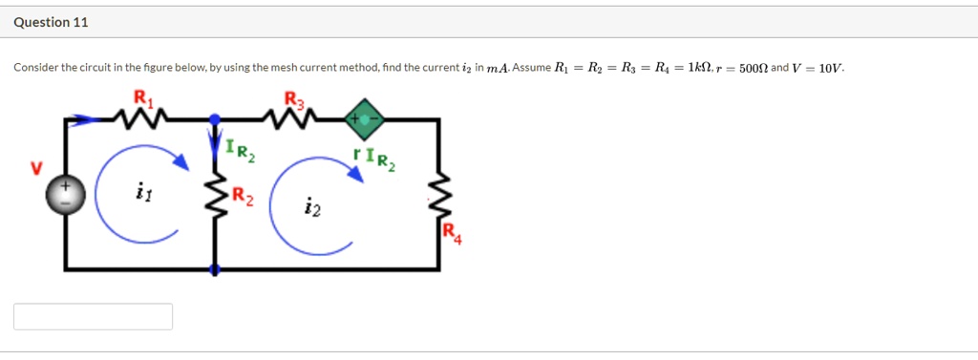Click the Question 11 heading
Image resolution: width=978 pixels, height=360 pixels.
52,22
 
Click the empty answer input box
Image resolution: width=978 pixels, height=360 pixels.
93,316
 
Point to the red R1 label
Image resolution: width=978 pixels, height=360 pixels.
142,96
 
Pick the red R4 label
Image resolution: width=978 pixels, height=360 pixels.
451,233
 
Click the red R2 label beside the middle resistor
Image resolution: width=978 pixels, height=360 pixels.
243,199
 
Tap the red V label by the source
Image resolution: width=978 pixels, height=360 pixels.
35,169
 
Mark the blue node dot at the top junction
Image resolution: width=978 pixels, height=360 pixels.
214,119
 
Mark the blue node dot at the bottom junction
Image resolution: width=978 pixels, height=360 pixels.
214,270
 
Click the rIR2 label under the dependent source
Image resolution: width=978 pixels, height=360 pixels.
373,157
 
